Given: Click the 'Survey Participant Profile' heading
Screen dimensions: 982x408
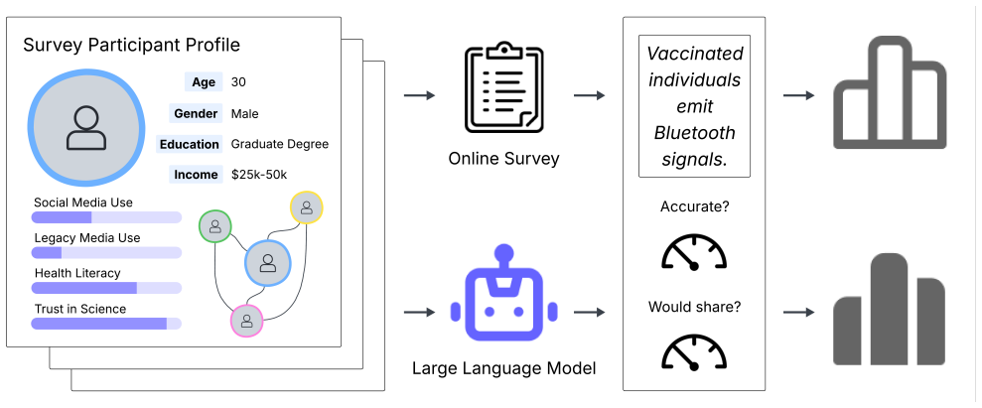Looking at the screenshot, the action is coord(131,45).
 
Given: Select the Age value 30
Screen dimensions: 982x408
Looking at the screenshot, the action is coord(238,82).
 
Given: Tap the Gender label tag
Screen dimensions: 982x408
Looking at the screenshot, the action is coord(196,113).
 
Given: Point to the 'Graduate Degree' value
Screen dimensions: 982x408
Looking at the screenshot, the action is coord(280,145).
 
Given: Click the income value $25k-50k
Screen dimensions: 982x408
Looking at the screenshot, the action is coord(259,175).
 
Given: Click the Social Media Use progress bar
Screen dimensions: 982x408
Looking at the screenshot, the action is coord(106,217).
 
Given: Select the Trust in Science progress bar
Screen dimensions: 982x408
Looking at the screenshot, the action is coord(106,324).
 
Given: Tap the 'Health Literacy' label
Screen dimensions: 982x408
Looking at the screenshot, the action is coord(77,273).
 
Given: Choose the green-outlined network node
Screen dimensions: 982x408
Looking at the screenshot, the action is coord(214,225).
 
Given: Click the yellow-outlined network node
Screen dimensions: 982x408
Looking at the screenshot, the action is coord(306,207).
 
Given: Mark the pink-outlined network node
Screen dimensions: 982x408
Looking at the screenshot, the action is coord(247,321).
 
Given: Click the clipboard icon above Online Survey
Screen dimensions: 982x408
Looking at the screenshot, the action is coord(503,87).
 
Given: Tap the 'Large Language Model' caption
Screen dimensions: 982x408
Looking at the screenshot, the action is coord(503,368).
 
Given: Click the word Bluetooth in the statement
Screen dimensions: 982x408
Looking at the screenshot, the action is coord(694,133).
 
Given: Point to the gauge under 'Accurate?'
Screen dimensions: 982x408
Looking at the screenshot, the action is coord(694,252).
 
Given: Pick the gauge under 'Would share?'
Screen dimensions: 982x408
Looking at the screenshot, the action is coord(694,351).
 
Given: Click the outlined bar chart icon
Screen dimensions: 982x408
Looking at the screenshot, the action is coord(890,92).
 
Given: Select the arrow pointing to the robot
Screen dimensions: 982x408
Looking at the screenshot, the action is coord(420,311).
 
